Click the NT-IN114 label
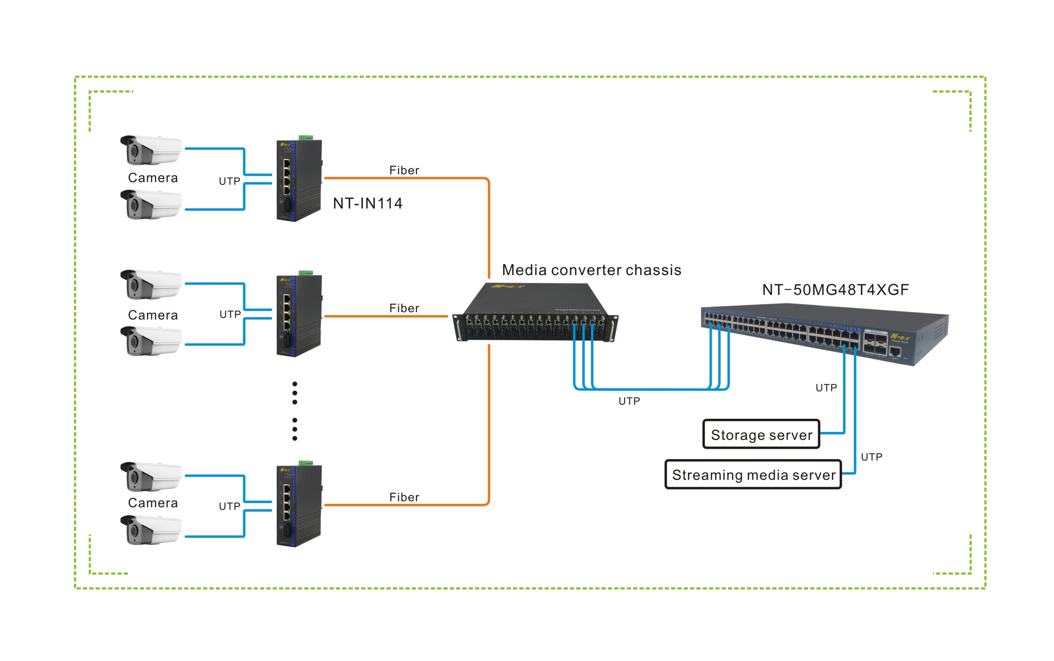tap(367, 203)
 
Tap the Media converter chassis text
tap(591, 270)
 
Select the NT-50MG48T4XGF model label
tap(835, 290)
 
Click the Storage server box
tap(761, 435)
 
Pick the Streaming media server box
tap(753, 475)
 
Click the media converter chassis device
tap(535, 314)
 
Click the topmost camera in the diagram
tap(151, 150)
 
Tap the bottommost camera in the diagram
tap(151, 530)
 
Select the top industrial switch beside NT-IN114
tap(299, 180)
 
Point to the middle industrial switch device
tap(299, 315)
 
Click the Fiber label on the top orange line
tap(404, 171)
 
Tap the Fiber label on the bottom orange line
tap(404, 498)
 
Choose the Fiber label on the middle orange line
tap(404, 308)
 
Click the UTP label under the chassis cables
tap(629, 401)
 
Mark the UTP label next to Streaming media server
tap(871, 457)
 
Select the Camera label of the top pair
tap(153, 178)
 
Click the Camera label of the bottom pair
tap(153, 503)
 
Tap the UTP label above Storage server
tap(826, 388)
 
